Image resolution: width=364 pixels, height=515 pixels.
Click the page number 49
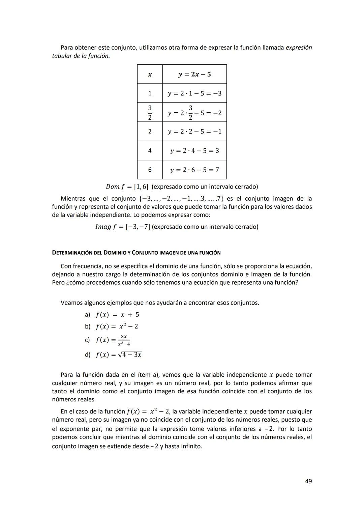[x=308, y=481]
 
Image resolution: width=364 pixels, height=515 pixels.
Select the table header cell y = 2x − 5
[x=194, y=74]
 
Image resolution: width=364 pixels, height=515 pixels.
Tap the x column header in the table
[x=150, y=74]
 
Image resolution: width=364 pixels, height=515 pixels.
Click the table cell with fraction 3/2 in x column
[x=150, y=112]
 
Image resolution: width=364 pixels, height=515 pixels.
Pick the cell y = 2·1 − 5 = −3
[x=194, y=93]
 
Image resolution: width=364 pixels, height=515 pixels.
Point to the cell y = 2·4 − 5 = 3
[x=194, y=151]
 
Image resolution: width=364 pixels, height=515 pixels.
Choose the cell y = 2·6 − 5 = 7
[x=194, y=170]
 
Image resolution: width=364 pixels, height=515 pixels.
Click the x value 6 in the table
[x=150, y=170]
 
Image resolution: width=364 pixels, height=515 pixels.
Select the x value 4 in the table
[x=150, y=151]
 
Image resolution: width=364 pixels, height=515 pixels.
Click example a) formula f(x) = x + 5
[x=117, y=315]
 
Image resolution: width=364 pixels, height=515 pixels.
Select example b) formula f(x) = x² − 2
[x=117, y=326]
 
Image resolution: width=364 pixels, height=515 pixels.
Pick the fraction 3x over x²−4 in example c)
[x=124, y=340]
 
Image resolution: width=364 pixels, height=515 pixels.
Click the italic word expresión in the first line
[x=299, y=48]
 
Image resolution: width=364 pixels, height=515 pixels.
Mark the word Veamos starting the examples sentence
[x=71, y=303]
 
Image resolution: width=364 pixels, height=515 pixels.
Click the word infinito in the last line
[x=191, y=446]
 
